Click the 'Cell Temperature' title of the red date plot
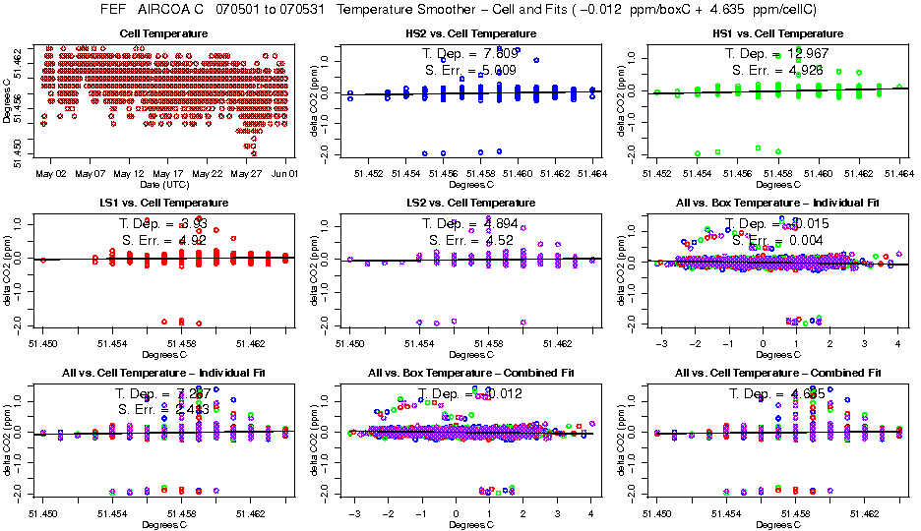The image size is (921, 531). (166, 33)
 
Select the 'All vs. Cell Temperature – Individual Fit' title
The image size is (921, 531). (166, 374)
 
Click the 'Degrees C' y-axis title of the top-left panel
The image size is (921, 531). (9, 101)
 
